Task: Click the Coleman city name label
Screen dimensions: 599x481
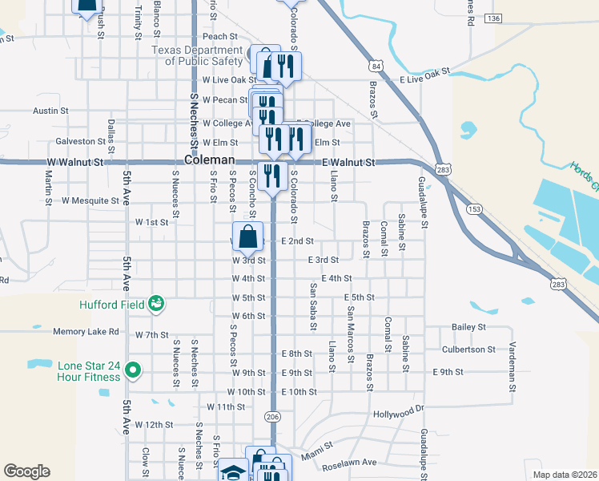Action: point(209,160)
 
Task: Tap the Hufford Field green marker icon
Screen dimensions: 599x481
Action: point(156,304)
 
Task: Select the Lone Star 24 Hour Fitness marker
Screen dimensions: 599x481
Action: point(135,370)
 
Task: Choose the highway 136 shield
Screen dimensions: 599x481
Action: point(493,18)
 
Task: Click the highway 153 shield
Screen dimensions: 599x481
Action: point(474,208)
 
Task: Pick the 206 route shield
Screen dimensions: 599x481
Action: point(271,416)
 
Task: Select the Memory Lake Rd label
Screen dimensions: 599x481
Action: point(86,331)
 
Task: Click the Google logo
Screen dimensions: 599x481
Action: point(26,471)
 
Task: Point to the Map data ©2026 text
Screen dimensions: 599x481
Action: point(563,474)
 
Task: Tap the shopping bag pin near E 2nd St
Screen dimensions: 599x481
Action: point(249,237)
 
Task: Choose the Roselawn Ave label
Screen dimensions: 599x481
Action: point(348,463)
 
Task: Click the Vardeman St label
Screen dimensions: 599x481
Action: point(513,370)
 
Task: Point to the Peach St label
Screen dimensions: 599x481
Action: point(220,36)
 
